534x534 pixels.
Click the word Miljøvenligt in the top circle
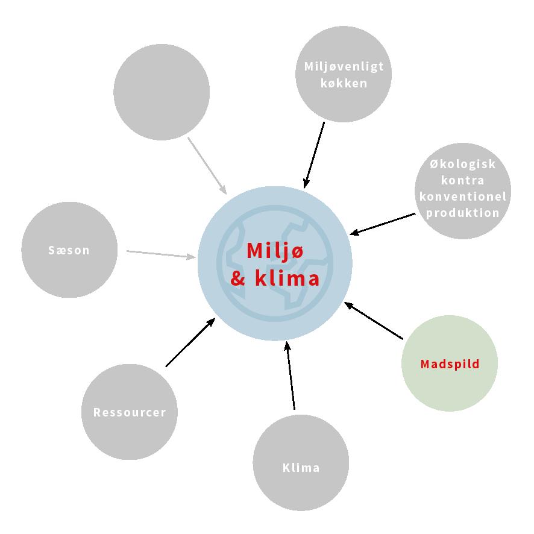tap(344, 67)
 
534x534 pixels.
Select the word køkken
tap(344, 83)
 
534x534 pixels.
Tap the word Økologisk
tap(463, 164)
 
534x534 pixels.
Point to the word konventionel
tap(463, 196)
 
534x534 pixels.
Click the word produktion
tap(463, 213)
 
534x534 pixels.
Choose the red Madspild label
tap(450, 364)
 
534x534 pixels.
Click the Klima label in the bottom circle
tap(301, 468)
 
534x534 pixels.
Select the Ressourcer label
tap(130, 412)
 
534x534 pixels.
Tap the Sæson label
tap(69, 250)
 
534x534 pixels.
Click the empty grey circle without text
tap(162, 92)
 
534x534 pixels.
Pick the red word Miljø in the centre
tap(275, 251)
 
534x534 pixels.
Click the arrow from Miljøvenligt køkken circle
tap(315, 155)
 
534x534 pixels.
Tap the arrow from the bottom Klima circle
tap(291, 375)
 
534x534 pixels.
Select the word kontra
tap(463, 180)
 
